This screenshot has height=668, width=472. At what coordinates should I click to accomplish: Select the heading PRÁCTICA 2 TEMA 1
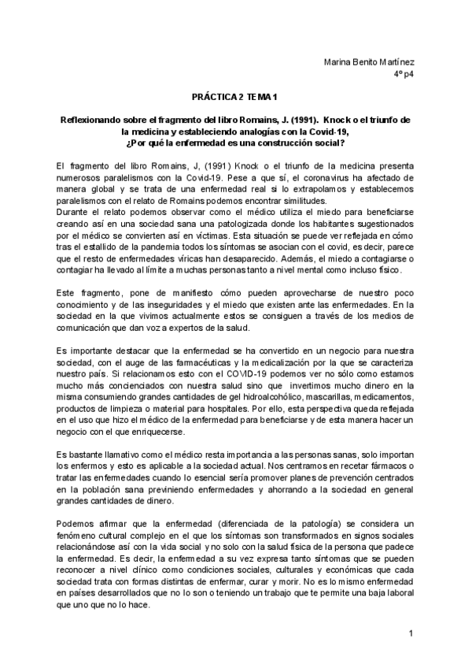coord(235,97)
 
